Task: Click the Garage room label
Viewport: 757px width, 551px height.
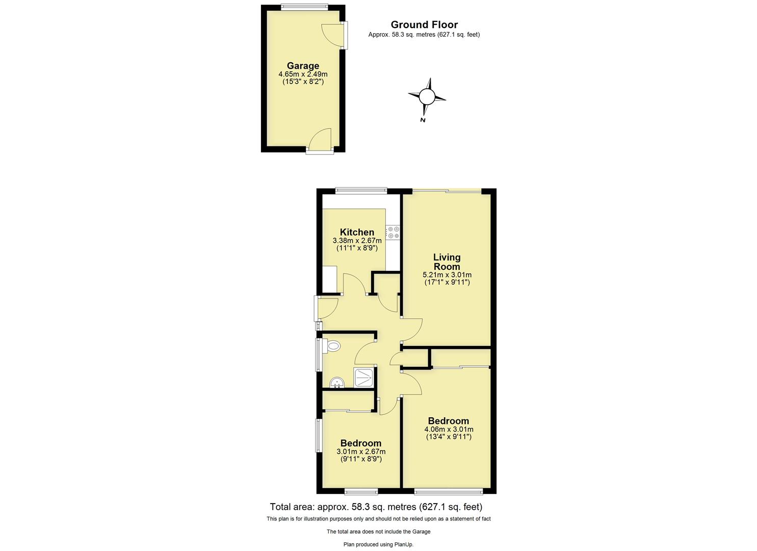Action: pos(303,66)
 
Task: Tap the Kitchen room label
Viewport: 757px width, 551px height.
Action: pos(357,232)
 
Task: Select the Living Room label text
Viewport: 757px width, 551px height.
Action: pos(447,262)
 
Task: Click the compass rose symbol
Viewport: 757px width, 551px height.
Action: pos(427,96)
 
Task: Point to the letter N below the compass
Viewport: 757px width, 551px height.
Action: pos(423,120)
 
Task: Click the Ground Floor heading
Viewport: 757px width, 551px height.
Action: pos(424,24)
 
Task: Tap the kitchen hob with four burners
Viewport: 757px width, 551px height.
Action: pos(393,233)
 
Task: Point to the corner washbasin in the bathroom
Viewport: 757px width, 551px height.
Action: pos(336,383)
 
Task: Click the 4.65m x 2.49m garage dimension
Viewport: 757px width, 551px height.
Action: pos(303,74)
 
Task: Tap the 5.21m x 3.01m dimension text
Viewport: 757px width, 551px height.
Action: pos(447,275)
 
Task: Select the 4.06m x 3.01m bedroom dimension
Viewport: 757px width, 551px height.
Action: pos(449,430)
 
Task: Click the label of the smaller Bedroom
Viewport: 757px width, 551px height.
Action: pos(360,443)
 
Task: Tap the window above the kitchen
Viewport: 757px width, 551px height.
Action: pos(361,191)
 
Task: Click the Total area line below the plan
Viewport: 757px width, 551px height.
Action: pos(376,507)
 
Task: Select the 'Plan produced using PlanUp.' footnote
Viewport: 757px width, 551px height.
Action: pos(378,544)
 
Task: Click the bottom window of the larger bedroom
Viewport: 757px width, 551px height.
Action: pos(449,492)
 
